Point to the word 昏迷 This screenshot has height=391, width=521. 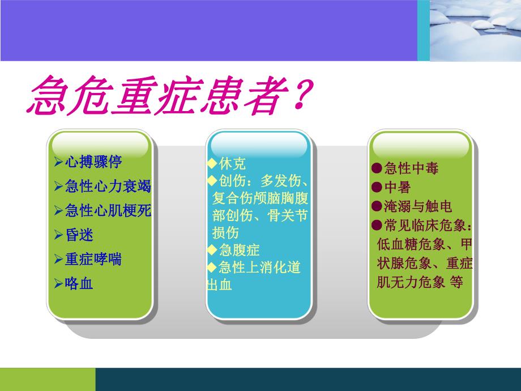pos(79,235)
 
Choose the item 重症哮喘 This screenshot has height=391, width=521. pos(93,259)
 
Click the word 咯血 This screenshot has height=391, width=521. pos(79,283)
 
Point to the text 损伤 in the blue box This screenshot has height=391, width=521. pos(225,233)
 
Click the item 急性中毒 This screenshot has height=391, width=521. pos(411,168)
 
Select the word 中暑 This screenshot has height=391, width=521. pos(398,187)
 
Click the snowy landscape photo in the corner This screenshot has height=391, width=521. pos(475,30)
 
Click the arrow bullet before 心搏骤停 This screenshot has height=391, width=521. pos(58,162)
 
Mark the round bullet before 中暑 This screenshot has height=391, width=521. pos(377,187)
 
